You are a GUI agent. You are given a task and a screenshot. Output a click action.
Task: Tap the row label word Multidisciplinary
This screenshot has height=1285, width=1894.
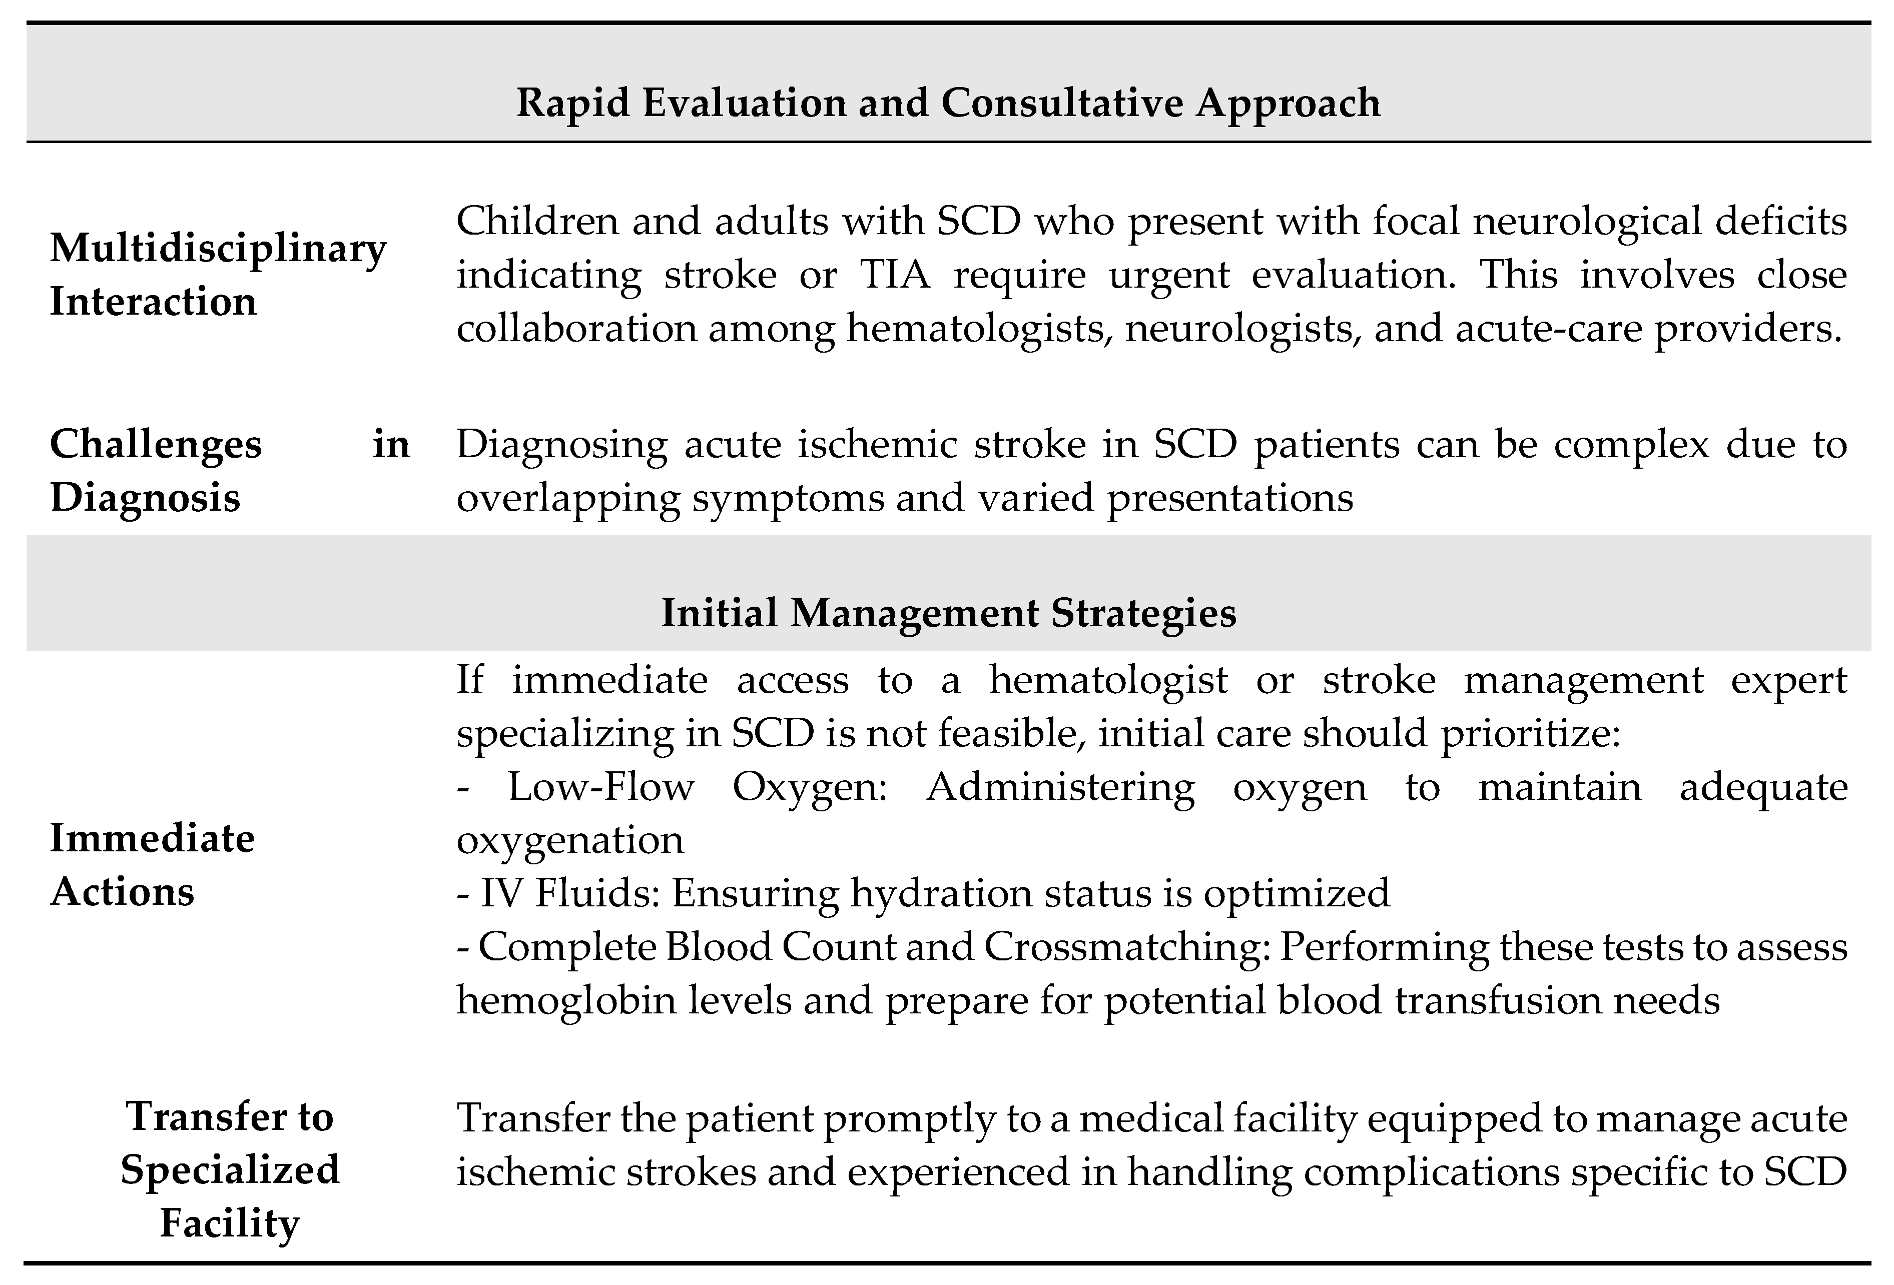pos(218,249)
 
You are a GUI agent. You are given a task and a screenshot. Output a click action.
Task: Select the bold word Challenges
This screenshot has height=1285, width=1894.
pos(156,445)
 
